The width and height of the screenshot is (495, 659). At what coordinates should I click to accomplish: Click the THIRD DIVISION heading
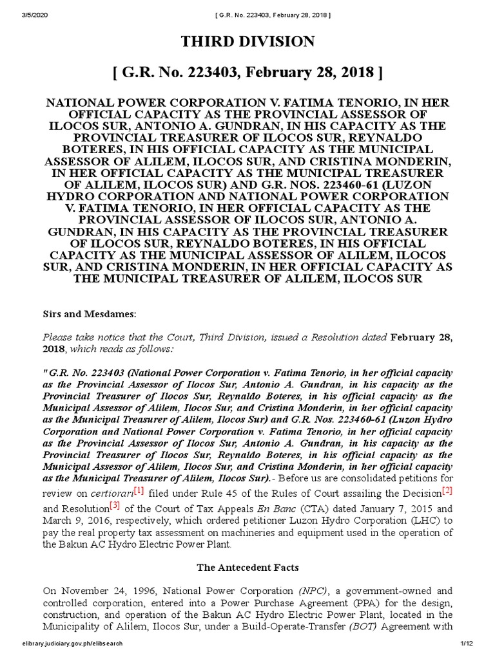(247, 42)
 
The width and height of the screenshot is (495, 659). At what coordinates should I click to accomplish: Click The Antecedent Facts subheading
(247, 568)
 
